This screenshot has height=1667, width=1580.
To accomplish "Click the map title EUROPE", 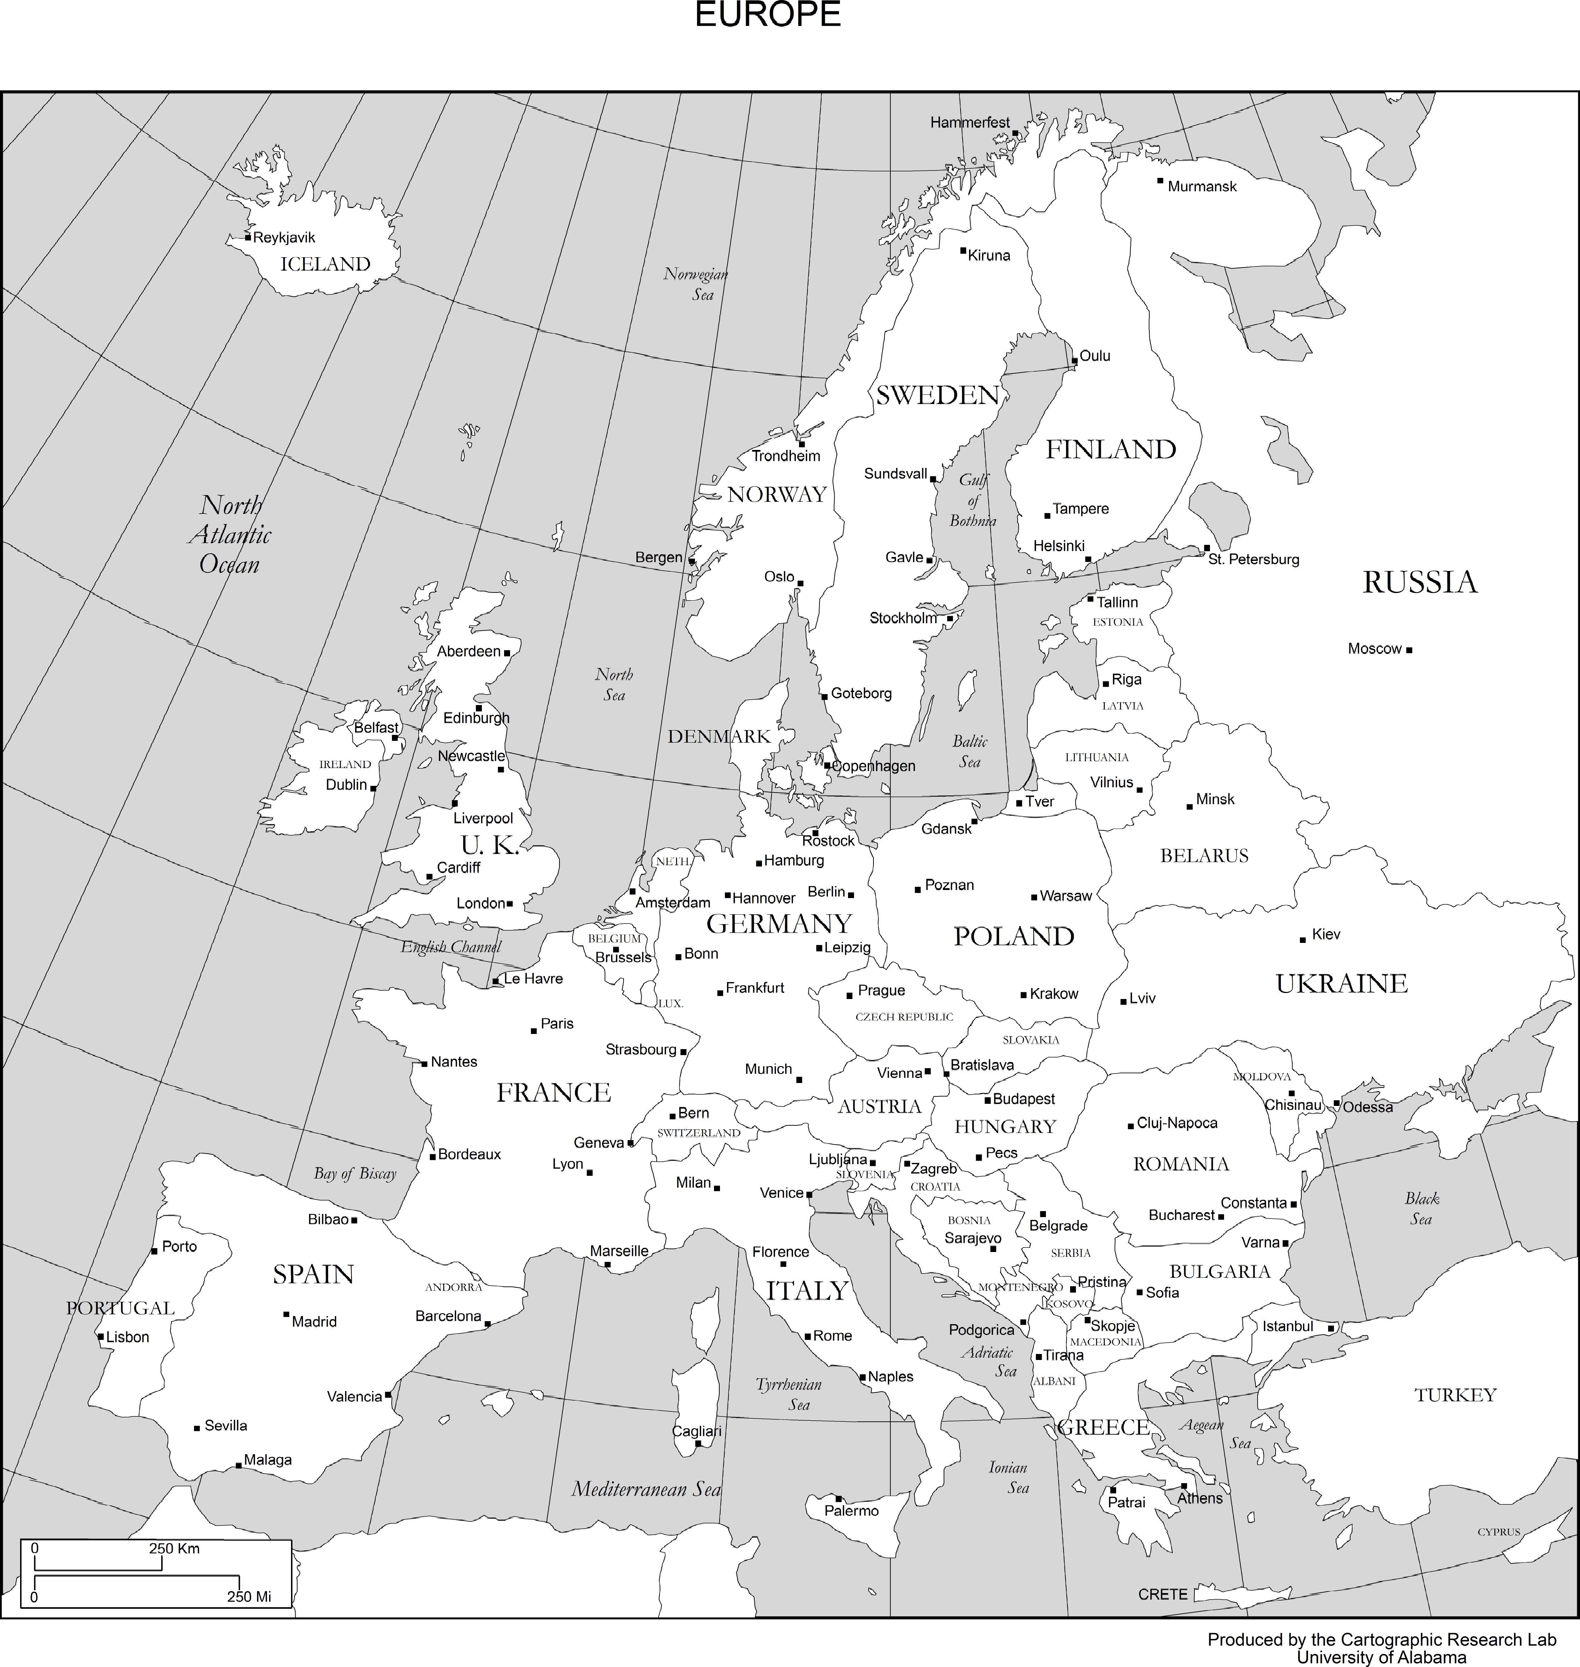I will point(767,15).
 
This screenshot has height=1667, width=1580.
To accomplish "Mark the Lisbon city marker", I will point(100,1336).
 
